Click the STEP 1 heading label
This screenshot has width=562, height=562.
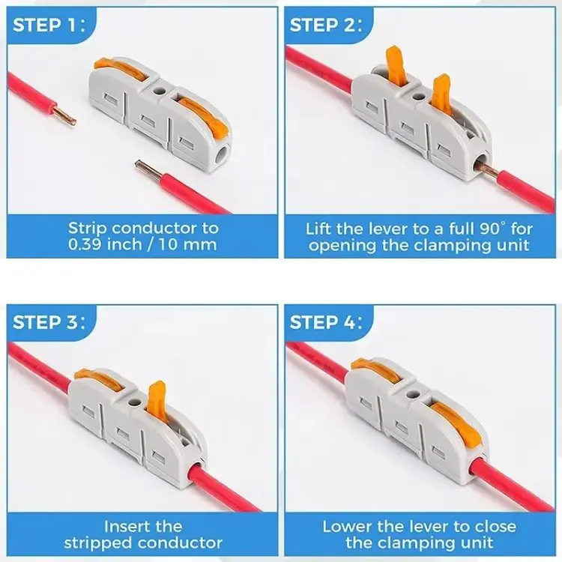[49, 25]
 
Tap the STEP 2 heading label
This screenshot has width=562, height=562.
[326, 25]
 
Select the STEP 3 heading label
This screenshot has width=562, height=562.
[49, 322]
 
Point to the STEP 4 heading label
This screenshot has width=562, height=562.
[326, 322]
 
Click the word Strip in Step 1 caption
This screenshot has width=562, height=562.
[88, 229]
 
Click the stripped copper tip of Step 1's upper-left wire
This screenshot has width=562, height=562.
[64, 114]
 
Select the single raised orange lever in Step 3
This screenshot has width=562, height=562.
[157, 399]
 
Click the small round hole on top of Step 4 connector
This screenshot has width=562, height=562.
[413, 394]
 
